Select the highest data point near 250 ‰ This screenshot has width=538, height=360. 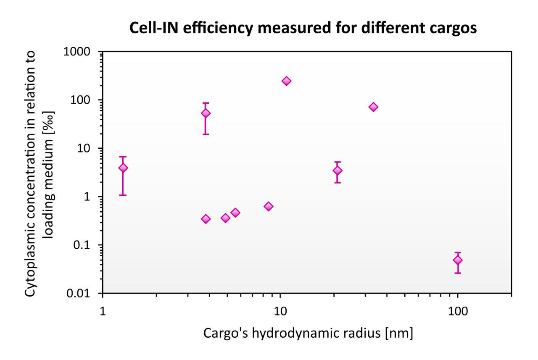point(286,81)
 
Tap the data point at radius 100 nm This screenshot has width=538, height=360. point(457,260)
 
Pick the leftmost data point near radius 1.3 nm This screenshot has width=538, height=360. point(123,168)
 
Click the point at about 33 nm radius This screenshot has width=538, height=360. point(373,107)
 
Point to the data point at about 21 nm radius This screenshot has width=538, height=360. point(337,171)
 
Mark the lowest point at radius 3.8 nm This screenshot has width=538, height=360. point(206,219)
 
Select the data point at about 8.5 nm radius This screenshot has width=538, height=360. point(269,206)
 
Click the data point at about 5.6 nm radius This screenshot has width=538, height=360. point(235,213)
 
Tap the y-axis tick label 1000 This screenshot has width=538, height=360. point(83,52)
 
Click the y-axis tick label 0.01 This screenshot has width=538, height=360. point(84,294)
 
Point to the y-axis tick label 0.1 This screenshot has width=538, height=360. point(86,245)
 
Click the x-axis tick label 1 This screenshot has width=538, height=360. point(103,308)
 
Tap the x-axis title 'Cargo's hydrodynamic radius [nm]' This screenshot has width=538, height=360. point(308,334)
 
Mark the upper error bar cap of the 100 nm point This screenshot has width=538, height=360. point(457,252)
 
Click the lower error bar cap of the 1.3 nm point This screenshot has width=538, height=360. point(123,195)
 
